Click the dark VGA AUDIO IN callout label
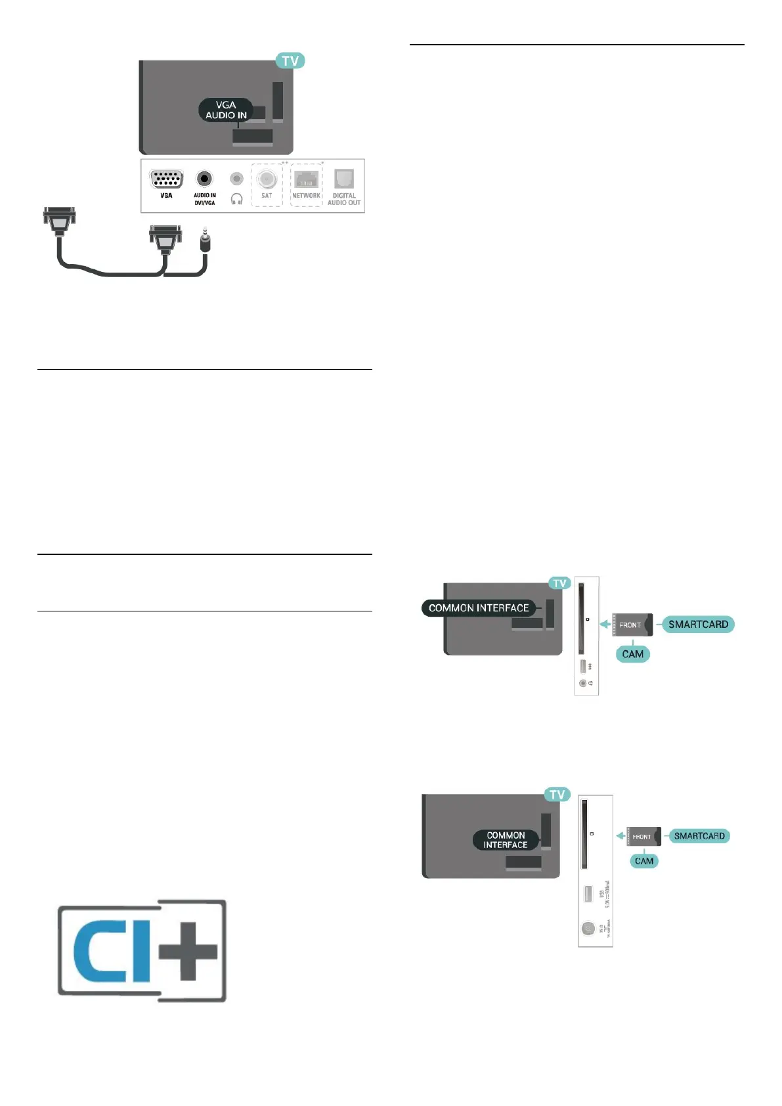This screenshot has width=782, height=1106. pyautogui.click(x=226, y=110)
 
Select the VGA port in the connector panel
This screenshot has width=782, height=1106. pyautogui.click(x=166, y=179)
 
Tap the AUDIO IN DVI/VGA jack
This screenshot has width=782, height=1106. pyautogui.click(x=205, y=179)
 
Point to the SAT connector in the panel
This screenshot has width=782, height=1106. pyautogui.click(x=267, y=179)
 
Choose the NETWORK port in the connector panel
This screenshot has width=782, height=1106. pyautogui.click(x=306, y=179)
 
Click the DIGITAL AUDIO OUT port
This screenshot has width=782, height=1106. pyautogui.click(x=344, y=179)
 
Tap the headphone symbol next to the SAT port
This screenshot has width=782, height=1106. pyautogui.click(x=237, y=198)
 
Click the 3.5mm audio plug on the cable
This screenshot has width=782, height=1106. pyautogui.click(x=205, y=242)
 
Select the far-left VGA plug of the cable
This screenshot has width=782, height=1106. pyautogui.click(x=60, y=219)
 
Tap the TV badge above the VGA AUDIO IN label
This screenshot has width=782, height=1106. pyautogui.click(x=290, y=61)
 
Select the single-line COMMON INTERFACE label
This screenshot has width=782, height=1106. pyautogui.click(x=479, y=608)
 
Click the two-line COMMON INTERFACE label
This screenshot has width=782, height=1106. pyautogui.click(x=506, y=840)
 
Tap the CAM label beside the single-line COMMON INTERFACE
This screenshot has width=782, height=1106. pyautogui.click(x=633, y=654)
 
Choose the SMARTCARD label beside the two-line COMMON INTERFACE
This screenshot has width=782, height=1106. pyautogui.click(x=699, y=836)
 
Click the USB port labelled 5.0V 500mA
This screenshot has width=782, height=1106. pyautogui.click(x=588, y=893)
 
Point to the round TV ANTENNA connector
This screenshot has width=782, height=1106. pyautogui.click(x=588, y=929)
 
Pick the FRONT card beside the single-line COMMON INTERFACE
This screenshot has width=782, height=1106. pyautogui.click(x=632, y=625)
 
